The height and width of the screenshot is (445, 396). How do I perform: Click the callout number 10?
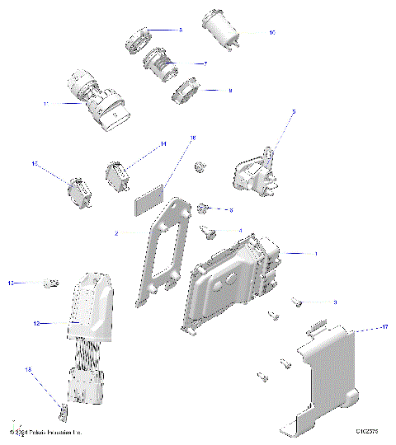[x=271, y=33]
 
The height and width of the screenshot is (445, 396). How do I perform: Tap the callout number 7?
[x=205, y=63]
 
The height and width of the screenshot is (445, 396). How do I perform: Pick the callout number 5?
[x=293, y=110]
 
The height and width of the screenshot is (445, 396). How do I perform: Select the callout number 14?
[x=163, y=144]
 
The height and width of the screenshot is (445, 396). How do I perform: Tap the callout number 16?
[x=193, y=138]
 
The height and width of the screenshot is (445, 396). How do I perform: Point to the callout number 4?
[x=240, y=231]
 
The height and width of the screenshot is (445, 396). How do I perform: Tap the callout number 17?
[x=384, y=328]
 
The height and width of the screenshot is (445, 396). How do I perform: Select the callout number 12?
[x=36, y=325]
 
